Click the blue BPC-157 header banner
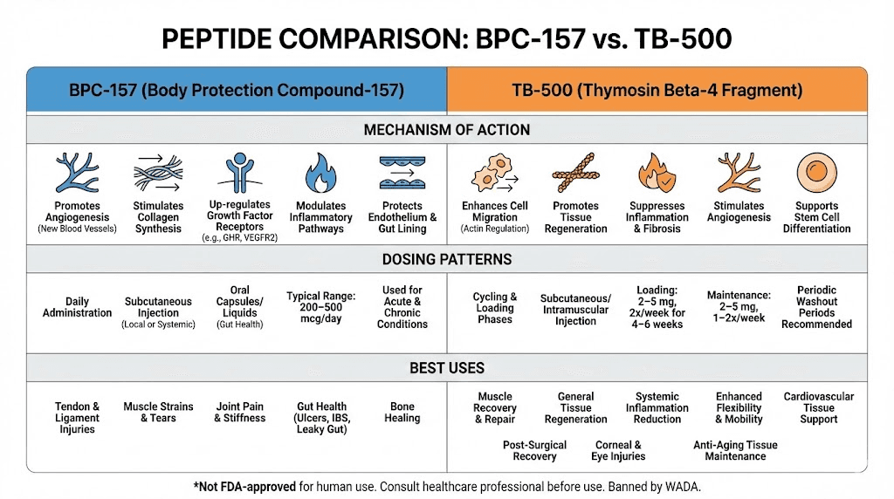(236, 90)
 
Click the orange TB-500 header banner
(657, 90)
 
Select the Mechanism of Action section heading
(446, 130)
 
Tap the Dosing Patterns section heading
(446, 259)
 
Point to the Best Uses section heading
(446, 368)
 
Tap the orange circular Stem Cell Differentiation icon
(816, 173)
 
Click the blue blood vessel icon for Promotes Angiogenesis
(77, 173)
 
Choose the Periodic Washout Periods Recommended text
(816, 307)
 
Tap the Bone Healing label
(402, 412)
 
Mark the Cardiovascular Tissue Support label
(818, 407)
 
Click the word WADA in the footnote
(681, 485)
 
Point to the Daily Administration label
(77, 307)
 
